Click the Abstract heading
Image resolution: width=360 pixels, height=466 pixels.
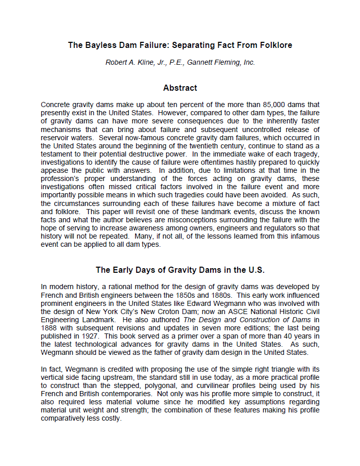point(180,88)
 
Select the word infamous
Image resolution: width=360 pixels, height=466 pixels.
point(304,236)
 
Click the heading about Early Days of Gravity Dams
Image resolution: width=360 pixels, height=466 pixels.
point(180,270)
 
